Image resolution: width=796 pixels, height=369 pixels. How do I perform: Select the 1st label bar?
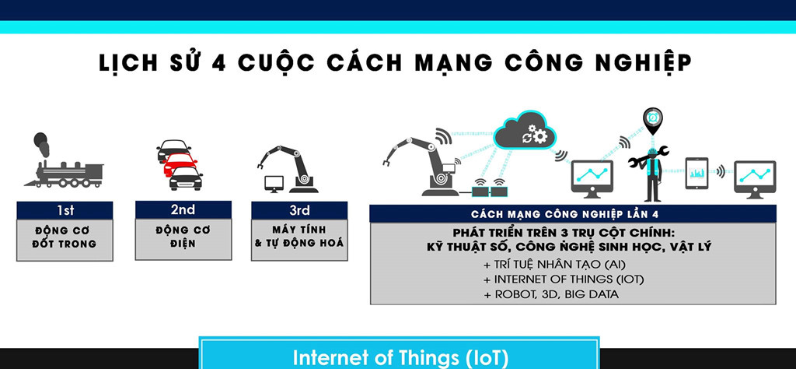[65, 209]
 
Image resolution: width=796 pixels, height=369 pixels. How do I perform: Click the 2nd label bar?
[183, 209]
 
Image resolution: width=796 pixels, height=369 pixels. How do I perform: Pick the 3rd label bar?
[299, 209]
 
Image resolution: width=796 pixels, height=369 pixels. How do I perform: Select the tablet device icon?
[696, 173]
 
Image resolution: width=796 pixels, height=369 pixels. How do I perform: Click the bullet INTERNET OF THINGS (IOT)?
[552, 279]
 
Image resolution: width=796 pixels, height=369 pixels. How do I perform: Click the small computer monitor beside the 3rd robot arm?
[274, 184]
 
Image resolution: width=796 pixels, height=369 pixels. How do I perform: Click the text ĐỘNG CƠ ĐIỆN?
[183, 237]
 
